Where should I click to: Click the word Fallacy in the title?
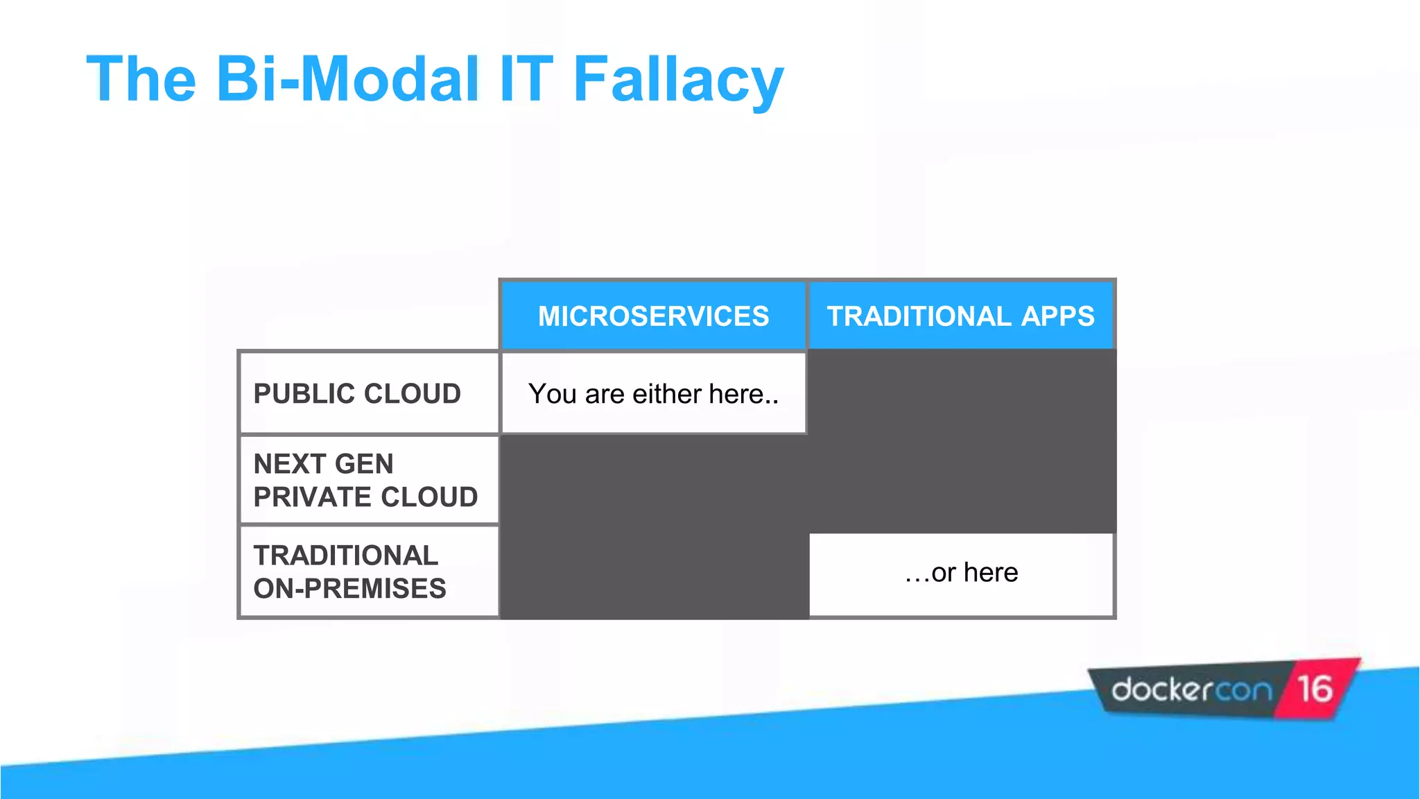tap(677, 80)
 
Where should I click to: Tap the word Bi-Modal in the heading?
tap(347, 79)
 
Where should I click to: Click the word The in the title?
tap(141, 79)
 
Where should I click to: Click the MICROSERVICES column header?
tap(653, 316)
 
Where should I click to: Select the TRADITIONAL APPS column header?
tap(960, 316)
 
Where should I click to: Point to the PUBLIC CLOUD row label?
tap(357, 394)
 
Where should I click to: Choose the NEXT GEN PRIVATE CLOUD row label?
tap(365, 480)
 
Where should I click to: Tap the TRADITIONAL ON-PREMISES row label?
tap(349, 572)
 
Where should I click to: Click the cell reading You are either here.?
tap(653, 394)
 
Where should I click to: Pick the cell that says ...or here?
tap(961, 573)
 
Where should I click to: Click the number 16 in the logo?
tap(1315, 689)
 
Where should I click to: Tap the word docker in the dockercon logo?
tap(1161, 689)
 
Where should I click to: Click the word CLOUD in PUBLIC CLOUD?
tap(412, 394)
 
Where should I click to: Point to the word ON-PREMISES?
tap(349, 589)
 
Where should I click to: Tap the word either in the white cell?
tap(667, 394)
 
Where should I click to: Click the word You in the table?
tap(553, 394)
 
